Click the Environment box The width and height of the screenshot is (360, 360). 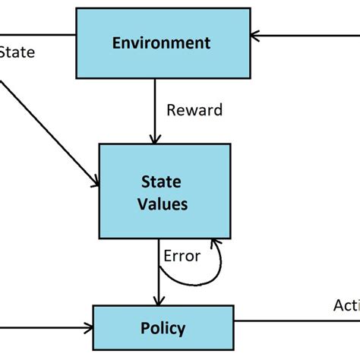(x=162, y=42)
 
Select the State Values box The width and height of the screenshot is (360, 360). (x=164, y=192)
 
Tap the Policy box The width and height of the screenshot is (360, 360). (x=163, y=329)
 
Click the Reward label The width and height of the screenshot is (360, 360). (x=194, y=110)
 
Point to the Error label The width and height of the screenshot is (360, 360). (x=182, y=256)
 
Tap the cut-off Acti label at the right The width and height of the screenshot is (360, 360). (x=346, y=305)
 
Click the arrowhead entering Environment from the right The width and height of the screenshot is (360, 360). (x=256, y=34)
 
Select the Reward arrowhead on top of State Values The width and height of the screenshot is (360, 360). (x=155, y=140)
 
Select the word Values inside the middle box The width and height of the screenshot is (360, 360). (x=164, y=204)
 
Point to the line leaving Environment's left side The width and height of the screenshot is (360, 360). (x=38, y=34)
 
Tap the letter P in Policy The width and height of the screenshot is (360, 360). (x=145, y=329)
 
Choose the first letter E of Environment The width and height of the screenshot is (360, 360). (x=116, y=43)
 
